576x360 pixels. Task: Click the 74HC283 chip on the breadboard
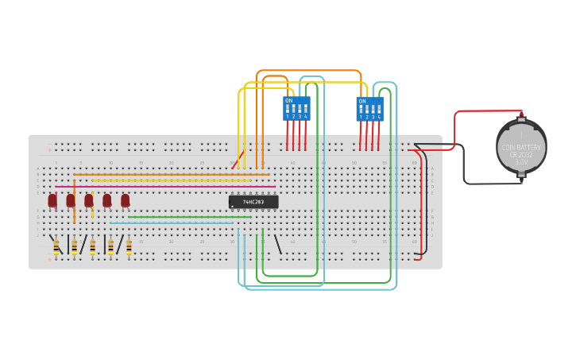click(253, 202)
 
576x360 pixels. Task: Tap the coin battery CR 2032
click(521, 146)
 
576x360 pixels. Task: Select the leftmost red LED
click(52, 200)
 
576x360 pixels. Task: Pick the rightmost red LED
click(126, 200)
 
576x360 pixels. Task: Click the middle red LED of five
click(89, 200)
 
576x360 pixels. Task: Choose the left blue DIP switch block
click(296, 109)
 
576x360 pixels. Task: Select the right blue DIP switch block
click(369, 109)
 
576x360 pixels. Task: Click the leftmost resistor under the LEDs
click(56, 247)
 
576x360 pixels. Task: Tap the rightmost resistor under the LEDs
click(129, 247)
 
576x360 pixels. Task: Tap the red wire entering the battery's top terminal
click(485, 111)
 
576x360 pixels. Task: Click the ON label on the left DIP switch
click(288, 101)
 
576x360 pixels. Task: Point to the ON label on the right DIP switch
click(362, 101)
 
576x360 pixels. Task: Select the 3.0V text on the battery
click(521, 161)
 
